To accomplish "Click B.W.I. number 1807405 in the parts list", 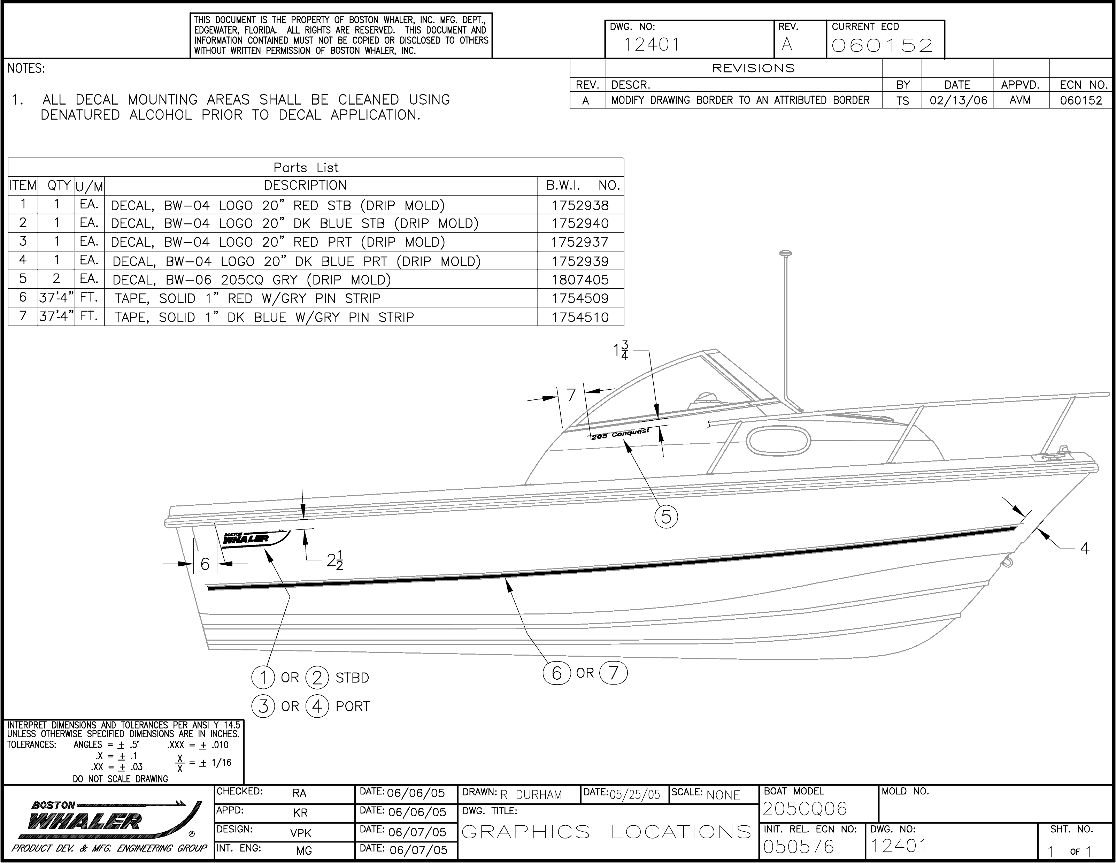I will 580,280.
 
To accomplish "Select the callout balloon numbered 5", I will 666,516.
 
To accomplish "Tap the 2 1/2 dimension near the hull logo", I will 335,560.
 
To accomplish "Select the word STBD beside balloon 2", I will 352,678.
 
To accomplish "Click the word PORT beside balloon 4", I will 353,707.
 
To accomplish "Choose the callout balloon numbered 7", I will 613,673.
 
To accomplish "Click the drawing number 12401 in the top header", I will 652,45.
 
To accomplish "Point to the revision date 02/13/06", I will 957,100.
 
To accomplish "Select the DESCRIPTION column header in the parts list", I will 305,185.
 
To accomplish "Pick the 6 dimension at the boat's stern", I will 205,564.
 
